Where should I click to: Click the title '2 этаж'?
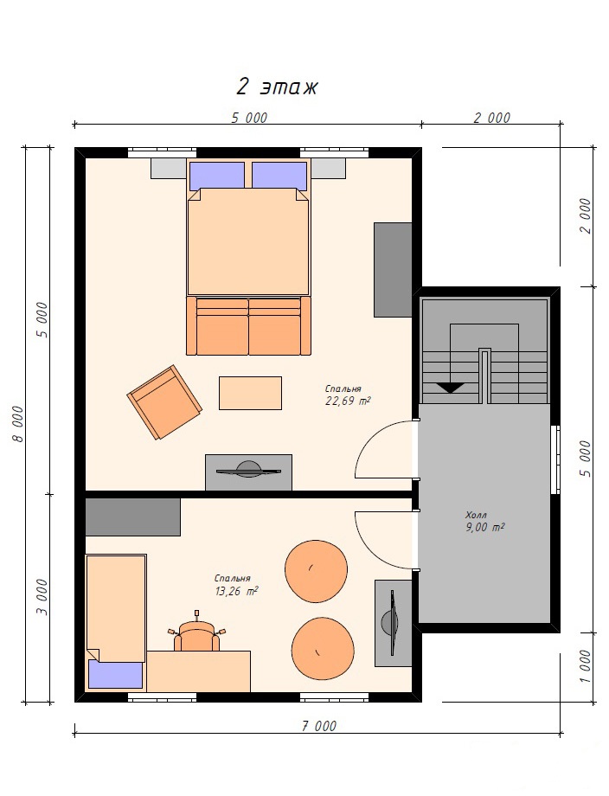[277, 87]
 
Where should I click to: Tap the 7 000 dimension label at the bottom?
[318, 727]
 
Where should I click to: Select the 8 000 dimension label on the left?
[18, 424]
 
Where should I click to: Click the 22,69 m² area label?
[347, 401]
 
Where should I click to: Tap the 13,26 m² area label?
[236, 592]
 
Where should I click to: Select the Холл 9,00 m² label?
[484, 522]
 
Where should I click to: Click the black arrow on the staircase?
[450, 388]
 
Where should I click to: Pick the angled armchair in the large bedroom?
[164, 402]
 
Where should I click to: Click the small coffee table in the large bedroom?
[250, 393]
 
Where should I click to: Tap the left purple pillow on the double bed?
[217, 177]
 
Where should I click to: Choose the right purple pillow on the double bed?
[279, 177]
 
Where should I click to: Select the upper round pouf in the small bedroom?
[316, 571]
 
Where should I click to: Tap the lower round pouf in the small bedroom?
[323, 648]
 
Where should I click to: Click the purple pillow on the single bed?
[115, 674]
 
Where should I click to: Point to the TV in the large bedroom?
[248, 470]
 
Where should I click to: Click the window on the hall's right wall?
[555, 459]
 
